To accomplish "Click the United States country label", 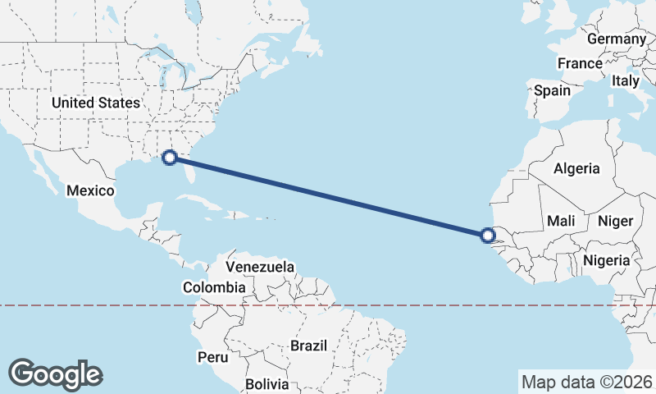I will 95,103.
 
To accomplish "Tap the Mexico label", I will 89,190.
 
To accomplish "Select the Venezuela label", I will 260,268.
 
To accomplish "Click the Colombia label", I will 214,288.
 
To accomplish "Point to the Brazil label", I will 310,346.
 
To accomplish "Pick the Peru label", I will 212,358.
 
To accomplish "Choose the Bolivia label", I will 267,383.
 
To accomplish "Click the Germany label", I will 617,39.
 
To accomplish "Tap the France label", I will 580,63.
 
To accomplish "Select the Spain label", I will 552,91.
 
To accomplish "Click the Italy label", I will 625,81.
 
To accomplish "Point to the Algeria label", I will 576,168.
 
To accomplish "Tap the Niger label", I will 615,221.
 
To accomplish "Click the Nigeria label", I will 606,261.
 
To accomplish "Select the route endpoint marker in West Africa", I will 488,236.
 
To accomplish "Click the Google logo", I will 55,374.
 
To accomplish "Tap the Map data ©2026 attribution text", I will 587,382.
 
